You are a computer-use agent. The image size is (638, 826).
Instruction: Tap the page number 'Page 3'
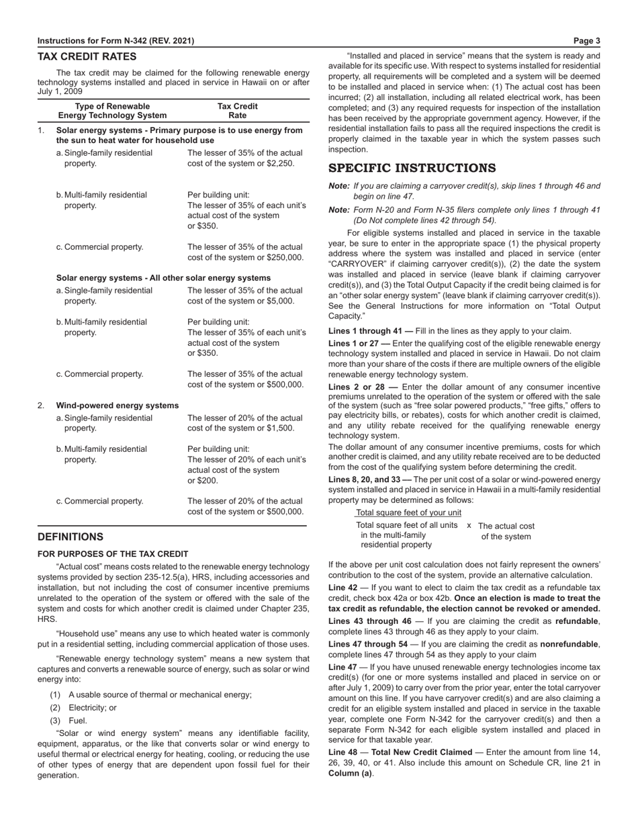[588, 41]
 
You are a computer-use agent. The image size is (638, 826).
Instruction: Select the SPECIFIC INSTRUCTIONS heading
[412, 168]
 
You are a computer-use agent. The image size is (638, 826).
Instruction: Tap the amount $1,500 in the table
[279, 428]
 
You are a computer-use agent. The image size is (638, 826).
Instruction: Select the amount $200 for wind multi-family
[198, 481]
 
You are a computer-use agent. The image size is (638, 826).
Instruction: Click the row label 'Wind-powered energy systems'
[118, 405]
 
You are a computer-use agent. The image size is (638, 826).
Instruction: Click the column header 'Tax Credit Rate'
[237, 111]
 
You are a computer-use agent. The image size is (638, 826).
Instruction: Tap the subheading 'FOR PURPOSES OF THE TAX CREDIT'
[113, 554]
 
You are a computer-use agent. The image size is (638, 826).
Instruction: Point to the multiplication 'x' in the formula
[469, 525]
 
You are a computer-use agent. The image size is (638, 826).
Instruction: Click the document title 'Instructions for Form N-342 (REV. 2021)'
[116, 41]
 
